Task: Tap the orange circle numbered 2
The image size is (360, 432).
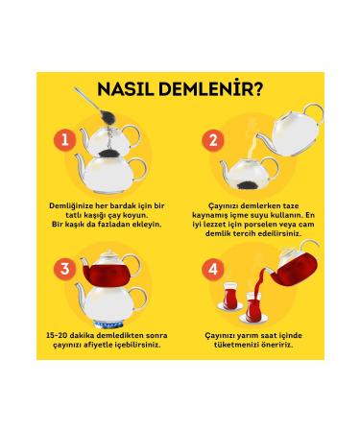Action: point(211,141)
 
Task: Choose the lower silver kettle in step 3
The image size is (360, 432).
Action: point(111,295)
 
